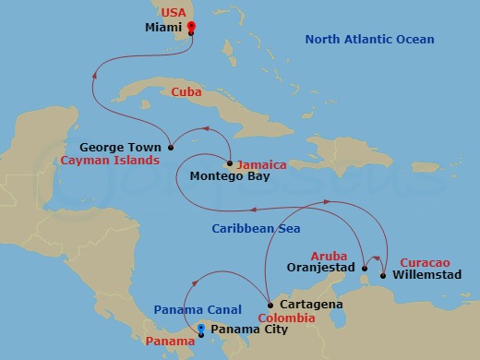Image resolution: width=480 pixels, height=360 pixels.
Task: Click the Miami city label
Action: (163, 28)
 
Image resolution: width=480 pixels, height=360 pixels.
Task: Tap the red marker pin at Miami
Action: (191, 28)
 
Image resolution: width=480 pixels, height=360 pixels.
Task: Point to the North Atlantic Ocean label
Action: (369, 40)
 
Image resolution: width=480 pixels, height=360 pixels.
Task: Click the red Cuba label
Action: (187, 92)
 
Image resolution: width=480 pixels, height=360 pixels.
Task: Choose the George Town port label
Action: (120, 147)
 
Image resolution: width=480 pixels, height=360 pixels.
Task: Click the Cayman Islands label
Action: (106, 160)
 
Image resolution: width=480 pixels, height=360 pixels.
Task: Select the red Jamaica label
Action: (261, 164)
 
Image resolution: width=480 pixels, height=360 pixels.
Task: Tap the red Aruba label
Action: (329, 256)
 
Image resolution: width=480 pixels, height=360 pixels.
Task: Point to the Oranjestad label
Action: (319, 270)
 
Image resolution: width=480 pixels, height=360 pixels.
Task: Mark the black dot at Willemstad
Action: (382, 274)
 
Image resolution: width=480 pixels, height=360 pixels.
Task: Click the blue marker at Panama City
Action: (202, 328)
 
